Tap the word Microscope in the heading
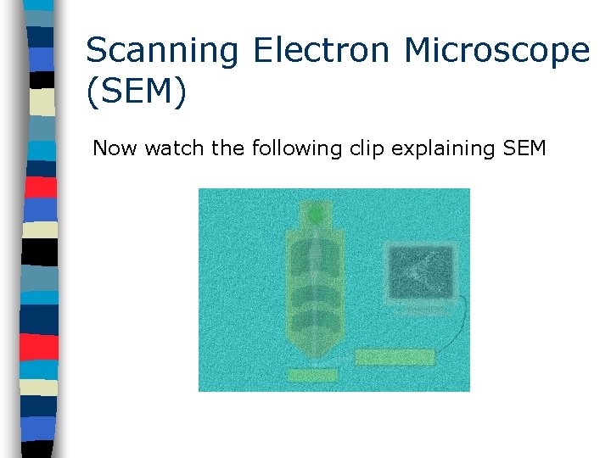496,51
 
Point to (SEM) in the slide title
136,92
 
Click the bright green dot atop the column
316,215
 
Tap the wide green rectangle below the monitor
395,357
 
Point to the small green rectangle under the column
313,374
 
